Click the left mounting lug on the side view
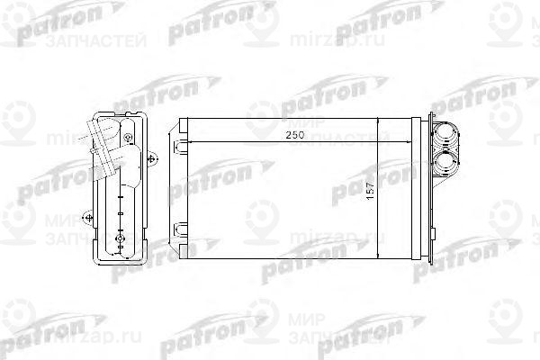[x=86, y=215]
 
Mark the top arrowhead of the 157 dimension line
[x=377, y=122]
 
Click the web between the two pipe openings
[x=445, y=150]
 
